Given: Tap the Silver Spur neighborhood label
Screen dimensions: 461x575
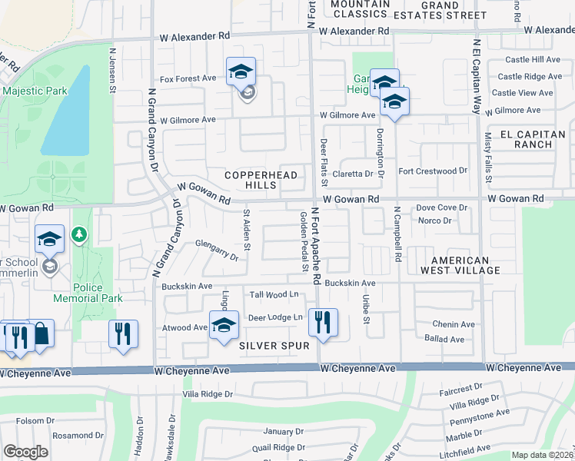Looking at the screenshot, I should click(274, 347).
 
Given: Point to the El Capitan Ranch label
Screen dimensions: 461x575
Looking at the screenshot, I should click(526, 139).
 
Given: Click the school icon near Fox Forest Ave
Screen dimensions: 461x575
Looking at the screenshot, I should click(241, 73).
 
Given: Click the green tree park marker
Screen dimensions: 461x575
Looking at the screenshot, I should click(78, 234).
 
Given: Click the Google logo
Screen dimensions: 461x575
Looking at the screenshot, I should click(25, 452).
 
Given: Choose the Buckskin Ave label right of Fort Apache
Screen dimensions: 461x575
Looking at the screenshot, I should click(350, 284).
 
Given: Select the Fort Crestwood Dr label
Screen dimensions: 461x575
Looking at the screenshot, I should click(433, 171).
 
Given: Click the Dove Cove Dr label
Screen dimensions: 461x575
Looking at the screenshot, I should click(442, 207).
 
